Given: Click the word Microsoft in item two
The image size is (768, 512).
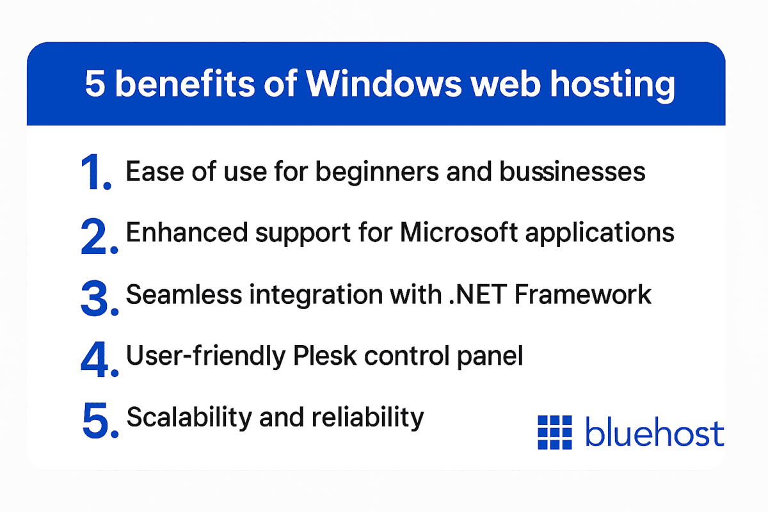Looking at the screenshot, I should [x=459, y=233].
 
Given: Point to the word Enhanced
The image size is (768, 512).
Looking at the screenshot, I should [x=179, y=233].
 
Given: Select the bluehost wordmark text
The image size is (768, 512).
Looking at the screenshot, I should [x=655, y=433].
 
